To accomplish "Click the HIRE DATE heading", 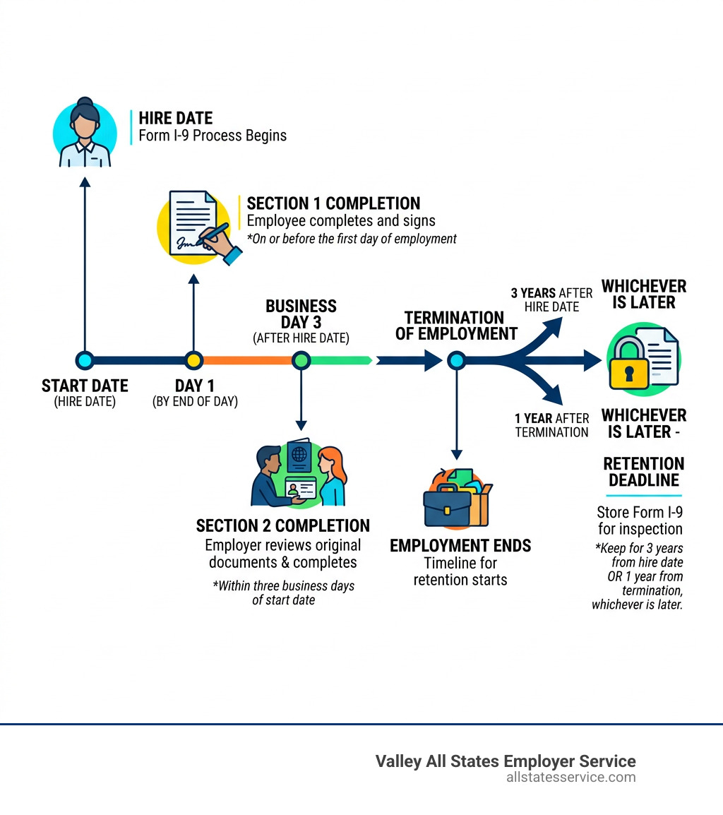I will pos(175,118).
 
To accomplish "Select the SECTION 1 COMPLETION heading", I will pos(333,203).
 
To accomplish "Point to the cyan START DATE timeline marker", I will pos(85,361).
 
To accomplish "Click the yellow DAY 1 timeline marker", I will pos(193,361).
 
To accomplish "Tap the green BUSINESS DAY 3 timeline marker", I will pos(301,361).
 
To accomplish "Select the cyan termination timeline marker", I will pos(456,361).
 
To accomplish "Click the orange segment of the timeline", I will pos(247,361).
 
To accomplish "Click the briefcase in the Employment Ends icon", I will pos(446,507).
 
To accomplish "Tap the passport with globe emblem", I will pos(299,457).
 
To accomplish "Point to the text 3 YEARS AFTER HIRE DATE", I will pos(551,299).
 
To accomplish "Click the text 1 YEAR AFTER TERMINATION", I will pos(551,425).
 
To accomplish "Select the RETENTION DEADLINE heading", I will pos(643,472).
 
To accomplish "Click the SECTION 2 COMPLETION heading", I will pos(282,526).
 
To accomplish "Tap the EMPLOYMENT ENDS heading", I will pos(460,546).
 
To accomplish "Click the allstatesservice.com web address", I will pos(570,778).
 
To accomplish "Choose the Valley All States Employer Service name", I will pos(505,761).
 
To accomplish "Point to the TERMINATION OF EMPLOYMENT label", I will pos(456,326).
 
